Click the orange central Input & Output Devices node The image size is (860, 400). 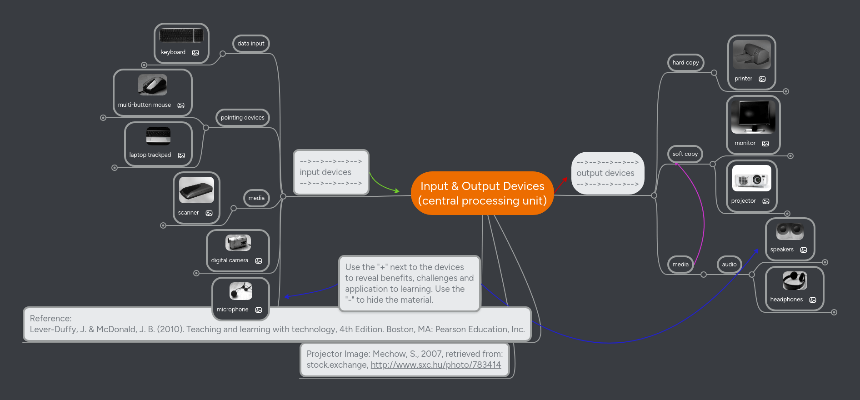click(482, 193)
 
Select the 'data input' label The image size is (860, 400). click(250, 44)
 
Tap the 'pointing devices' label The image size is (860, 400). click(242, 118)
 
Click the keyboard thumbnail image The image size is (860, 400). click(181, 35)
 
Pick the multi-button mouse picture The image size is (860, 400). click(153, 85)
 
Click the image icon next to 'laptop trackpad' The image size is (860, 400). click(181, 155)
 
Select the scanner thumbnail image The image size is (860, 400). click(196, 190)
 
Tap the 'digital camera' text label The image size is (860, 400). click(230, 260)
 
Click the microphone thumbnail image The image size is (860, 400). click(240, 291)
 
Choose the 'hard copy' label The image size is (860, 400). click(685, 63)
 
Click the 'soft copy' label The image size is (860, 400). click(685, 154)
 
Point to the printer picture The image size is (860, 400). click(751, 55)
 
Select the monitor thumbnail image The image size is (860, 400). click(753, 117)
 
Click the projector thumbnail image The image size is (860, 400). click(751, 178)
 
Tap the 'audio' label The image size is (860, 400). click(729, 265)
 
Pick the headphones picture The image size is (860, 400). click(794, 281)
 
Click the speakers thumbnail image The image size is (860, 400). click(790, 231)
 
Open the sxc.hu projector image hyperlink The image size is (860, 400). click(435, 365)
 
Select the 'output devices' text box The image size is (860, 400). click(607, 173)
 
